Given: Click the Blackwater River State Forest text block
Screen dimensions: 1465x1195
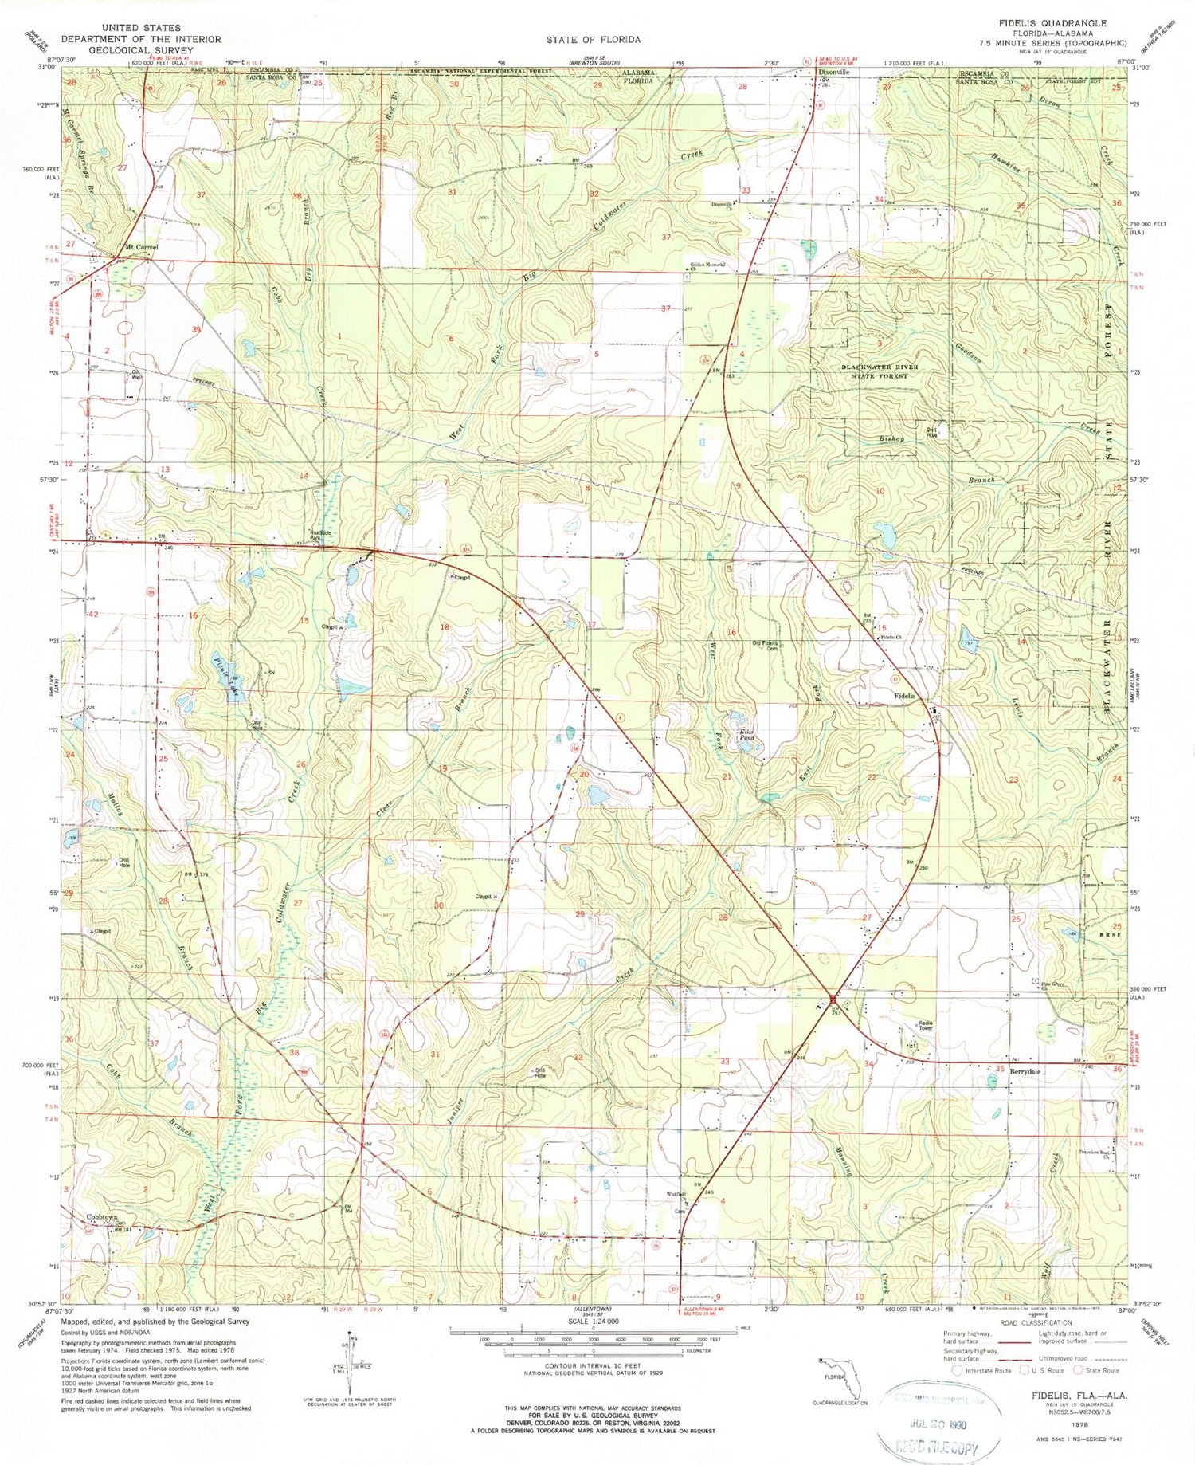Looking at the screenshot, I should (880, 371).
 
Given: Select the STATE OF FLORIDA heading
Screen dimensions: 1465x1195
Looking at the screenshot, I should (593, 40).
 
